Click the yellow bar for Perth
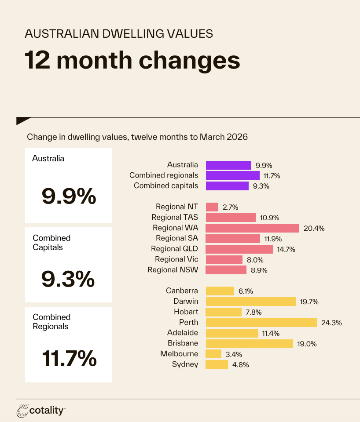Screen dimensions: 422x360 [261, 323]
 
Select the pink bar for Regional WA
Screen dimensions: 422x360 [252, 228]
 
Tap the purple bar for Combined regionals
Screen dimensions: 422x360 [233, 175]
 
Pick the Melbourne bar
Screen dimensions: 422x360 [213, 354]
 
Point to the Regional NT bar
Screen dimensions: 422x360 [212, 207]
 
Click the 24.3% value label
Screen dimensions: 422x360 [331, 323]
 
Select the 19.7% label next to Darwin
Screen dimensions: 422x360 [309, 302]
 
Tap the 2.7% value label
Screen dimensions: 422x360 [231, 207]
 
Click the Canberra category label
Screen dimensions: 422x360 [182, 291]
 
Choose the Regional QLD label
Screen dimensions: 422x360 [174, 249]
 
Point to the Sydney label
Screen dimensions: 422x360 [185, 364]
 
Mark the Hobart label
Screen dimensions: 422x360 [186, 312]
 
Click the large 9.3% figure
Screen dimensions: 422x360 [68, 279]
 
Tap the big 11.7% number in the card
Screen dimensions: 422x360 [69, 358]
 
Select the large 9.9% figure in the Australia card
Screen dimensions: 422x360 [69, 196]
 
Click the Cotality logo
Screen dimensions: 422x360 [41, 411]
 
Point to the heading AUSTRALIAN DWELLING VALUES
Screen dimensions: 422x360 [119, 33]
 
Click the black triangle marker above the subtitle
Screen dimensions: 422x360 [22, 120]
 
